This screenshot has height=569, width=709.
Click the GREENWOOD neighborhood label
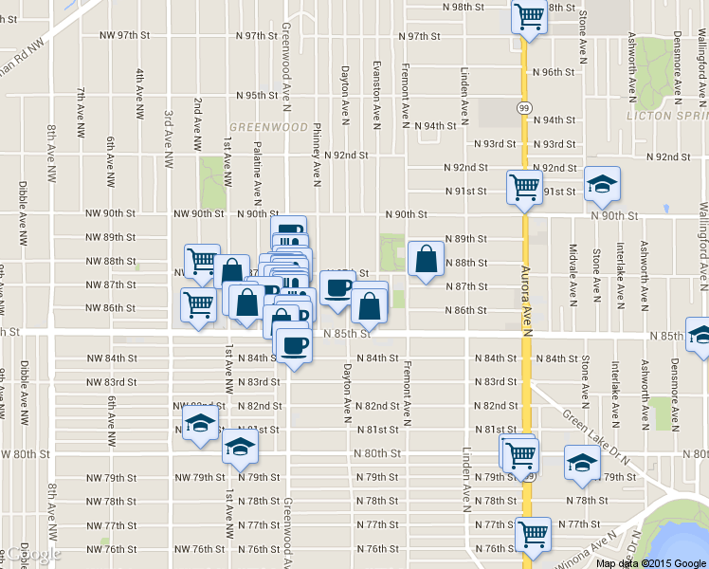[x=268, y=126]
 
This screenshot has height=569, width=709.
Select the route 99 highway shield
[x=524, y=108]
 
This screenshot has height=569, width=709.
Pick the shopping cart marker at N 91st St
[x=524, y=187]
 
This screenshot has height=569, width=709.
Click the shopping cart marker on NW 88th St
[x=201, y=262]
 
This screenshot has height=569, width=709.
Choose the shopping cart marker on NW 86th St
[x=198, y=305]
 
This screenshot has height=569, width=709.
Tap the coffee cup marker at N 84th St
[x=294, y=345]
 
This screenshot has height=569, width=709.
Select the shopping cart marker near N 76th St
[x=533, y=533]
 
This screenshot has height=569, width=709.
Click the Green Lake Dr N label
[x=595, y=428]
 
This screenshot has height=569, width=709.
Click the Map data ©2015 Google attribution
[x=651, y=563]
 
